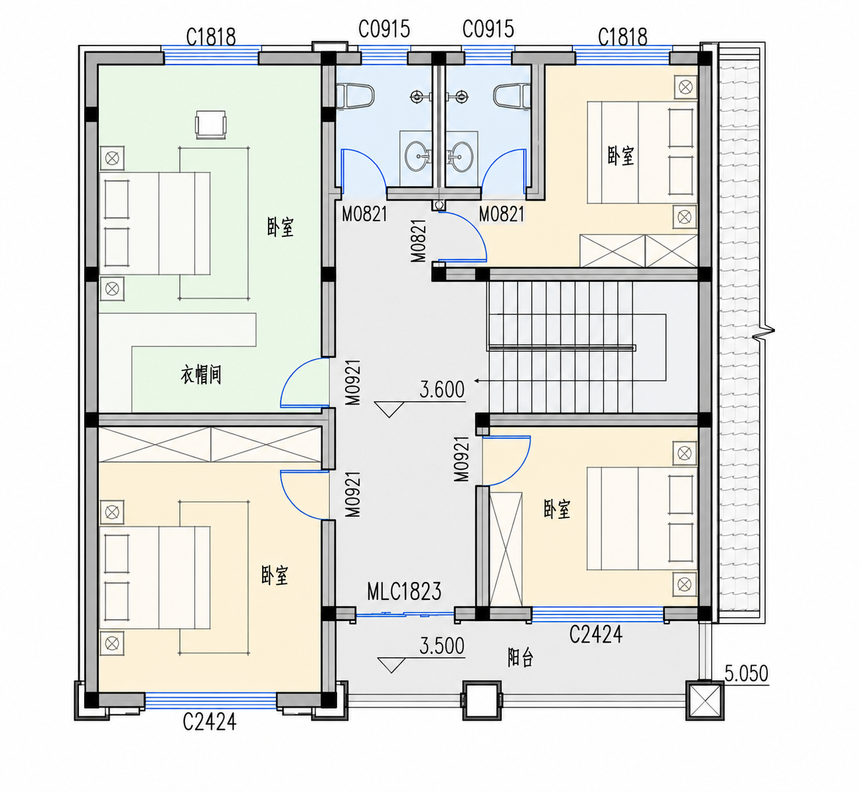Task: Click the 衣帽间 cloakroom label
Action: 201,375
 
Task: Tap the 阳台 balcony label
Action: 520,658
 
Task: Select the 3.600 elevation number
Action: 442,389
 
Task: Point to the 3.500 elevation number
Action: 442,646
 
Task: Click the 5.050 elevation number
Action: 746,674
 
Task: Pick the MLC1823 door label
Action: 404,591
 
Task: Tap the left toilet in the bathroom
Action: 355,95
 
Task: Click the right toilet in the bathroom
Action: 512,95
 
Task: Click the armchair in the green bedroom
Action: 211,124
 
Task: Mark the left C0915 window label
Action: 384,30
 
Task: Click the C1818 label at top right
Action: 622,37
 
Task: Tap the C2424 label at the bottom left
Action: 209,721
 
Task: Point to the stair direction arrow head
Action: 476,381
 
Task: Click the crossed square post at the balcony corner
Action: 705,701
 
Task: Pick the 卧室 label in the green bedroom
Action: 280,227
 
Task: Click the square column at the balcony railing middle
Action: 482,701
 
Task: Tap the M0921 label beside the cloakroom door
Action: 353,383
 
